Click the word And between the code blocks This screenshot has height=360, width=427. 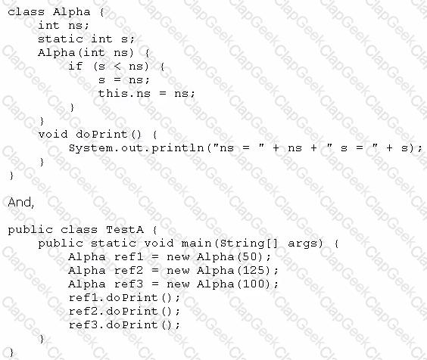20,203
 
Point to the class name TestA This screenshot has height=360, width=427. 125,230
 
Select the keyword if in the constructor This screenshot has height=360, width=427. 76,66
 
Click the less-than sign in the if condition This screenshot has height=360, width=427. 117,67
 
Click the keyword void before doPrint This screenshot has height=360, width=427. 53,134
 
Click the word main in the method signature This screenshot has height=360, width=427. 196,243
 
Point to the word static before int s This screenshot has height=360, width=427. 60,39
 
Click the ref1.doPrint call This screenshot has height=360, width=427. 124,298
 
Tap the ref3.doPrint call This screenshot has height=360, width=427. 124,325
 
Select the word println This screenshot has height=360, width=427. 178,148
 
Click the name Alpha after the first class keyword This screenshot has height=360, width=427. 72,11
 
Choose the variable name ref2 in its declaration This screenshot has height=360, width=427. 129,270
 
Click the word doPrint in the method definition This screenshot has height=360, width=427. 101,134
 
